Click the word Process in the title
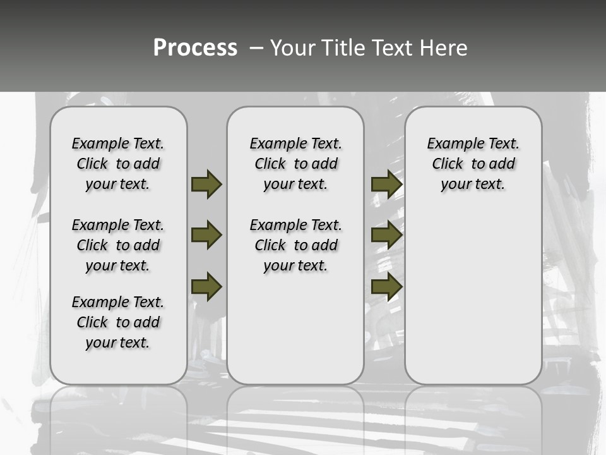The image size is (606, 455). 195,48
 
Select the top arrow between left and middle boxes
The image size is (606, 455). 206,184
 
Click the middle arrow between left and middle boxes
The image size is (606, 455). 206,236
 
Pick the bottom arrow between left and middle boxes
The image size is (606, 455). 206,286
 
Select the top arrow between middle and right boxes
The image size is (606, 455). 386,184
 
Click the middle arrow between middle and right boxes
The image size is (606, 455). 386,236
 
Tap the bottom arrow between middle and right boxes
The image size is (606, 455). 386,286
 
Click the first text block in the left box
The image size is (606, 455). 118,164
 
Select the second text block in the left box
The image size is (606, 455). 118,245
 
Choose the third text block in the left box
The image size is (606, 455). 118,322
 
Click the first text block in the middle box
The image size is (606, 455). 296,164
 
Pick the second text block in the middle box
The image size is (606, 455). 296,245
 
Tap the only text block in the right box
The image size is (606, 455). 473,164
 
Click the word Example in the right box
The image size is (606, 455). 449,143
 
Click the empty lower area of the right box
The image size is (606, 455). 473,303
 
